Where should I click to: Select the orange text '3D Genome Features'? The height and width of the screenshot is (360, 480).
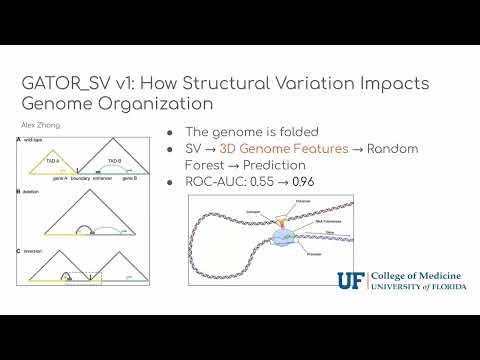point(263,149)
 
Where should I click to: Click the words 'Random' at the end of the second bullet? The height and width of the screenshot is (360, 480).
point(393,149)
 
